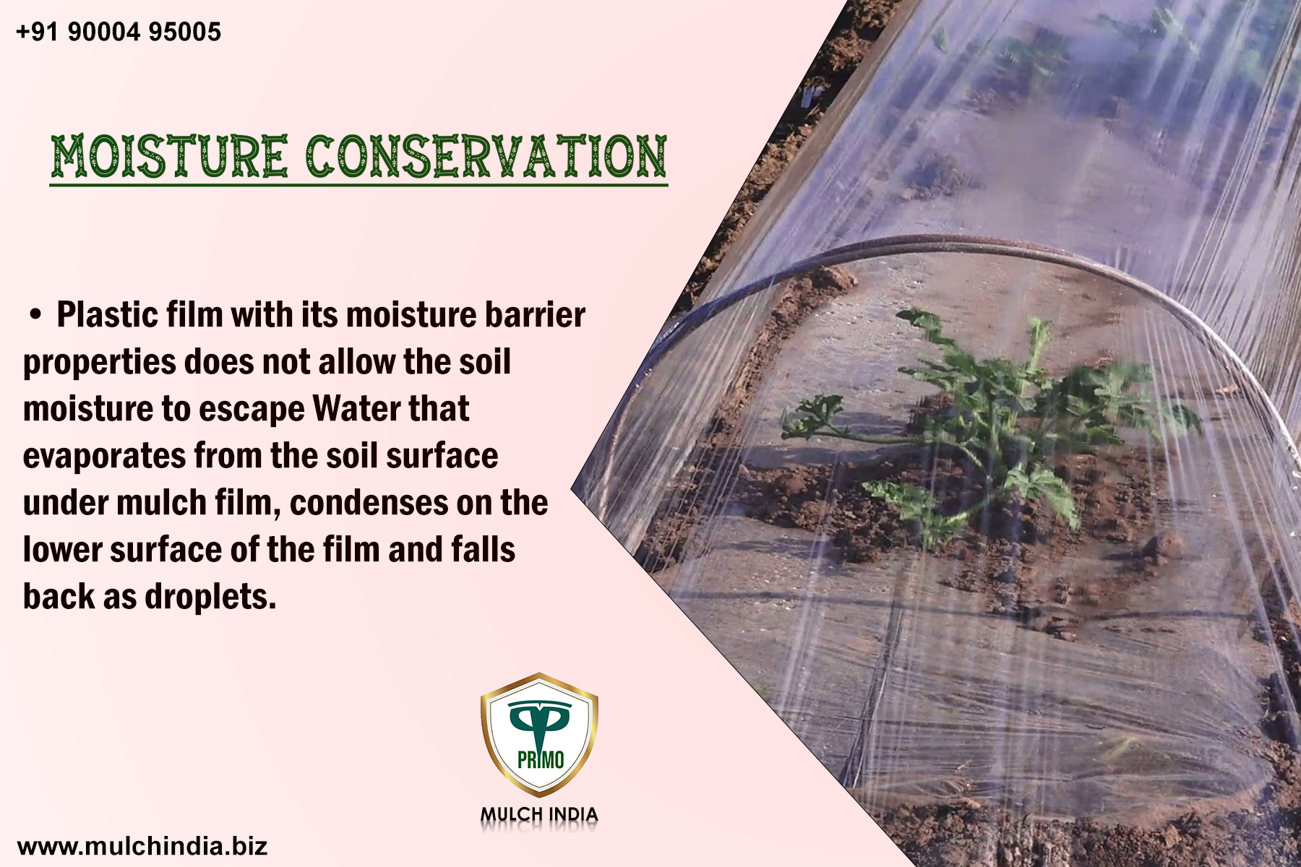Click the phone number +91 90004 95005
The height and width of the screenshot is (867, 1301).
coord(119,32)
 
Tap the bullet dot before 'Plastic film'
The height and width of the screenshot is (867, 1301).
coord(35,315)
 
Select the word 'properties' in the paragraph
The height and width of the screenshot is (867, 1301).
coord(99,363)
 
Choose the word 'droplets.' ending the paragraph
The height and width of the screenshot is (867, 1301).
coord(210,597)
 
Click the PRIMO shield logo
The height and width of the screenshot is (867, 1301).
coord(539,733)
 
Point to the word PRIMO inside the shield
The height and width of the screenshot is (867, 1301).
coord(541,760)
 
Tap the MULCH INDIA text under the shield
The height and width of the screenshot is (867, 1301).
coord(539,815)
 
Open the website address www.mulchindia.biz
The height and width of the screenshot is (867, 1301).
coord(142,845)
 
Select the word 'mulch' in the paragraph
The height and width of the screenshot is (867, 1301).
coord(161,503)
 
